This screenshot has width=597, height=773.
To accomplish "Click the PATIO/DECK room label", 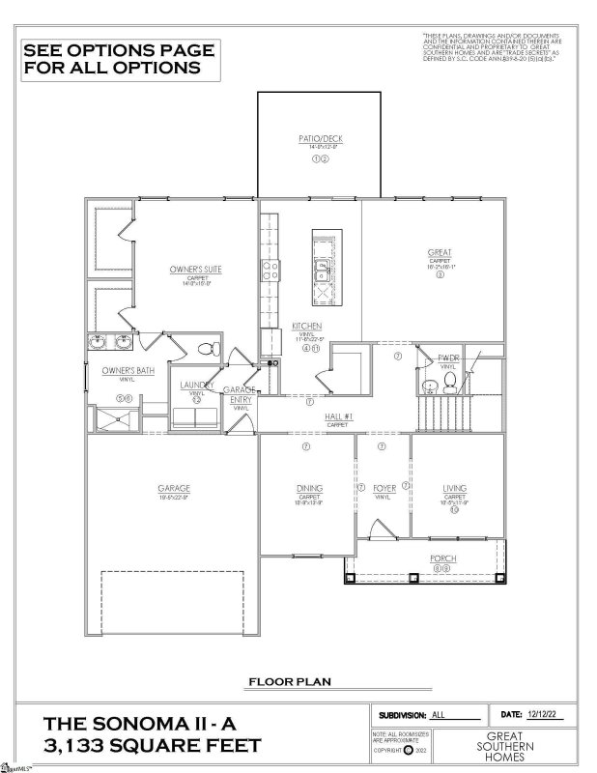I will (320, 139).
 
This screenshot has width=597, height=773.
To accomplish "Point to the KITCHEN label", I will (306, 327).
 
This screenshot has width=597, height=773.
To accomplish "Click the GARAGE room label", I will (174, 488).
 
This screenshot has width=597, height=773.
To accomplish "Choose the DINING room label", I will (309, 489).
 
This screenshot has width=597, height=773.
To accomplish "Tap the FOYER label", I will (384, 489).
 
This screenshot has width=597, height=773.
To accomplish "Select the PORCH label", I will (443, 559).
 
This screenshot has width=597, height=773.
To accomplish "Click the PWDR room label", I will (447, 358).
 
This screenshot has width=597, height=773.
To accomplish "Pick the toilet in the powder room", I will (432, 386).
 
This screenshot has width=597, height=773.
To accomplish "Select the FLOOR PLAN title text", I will (290, 681).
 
